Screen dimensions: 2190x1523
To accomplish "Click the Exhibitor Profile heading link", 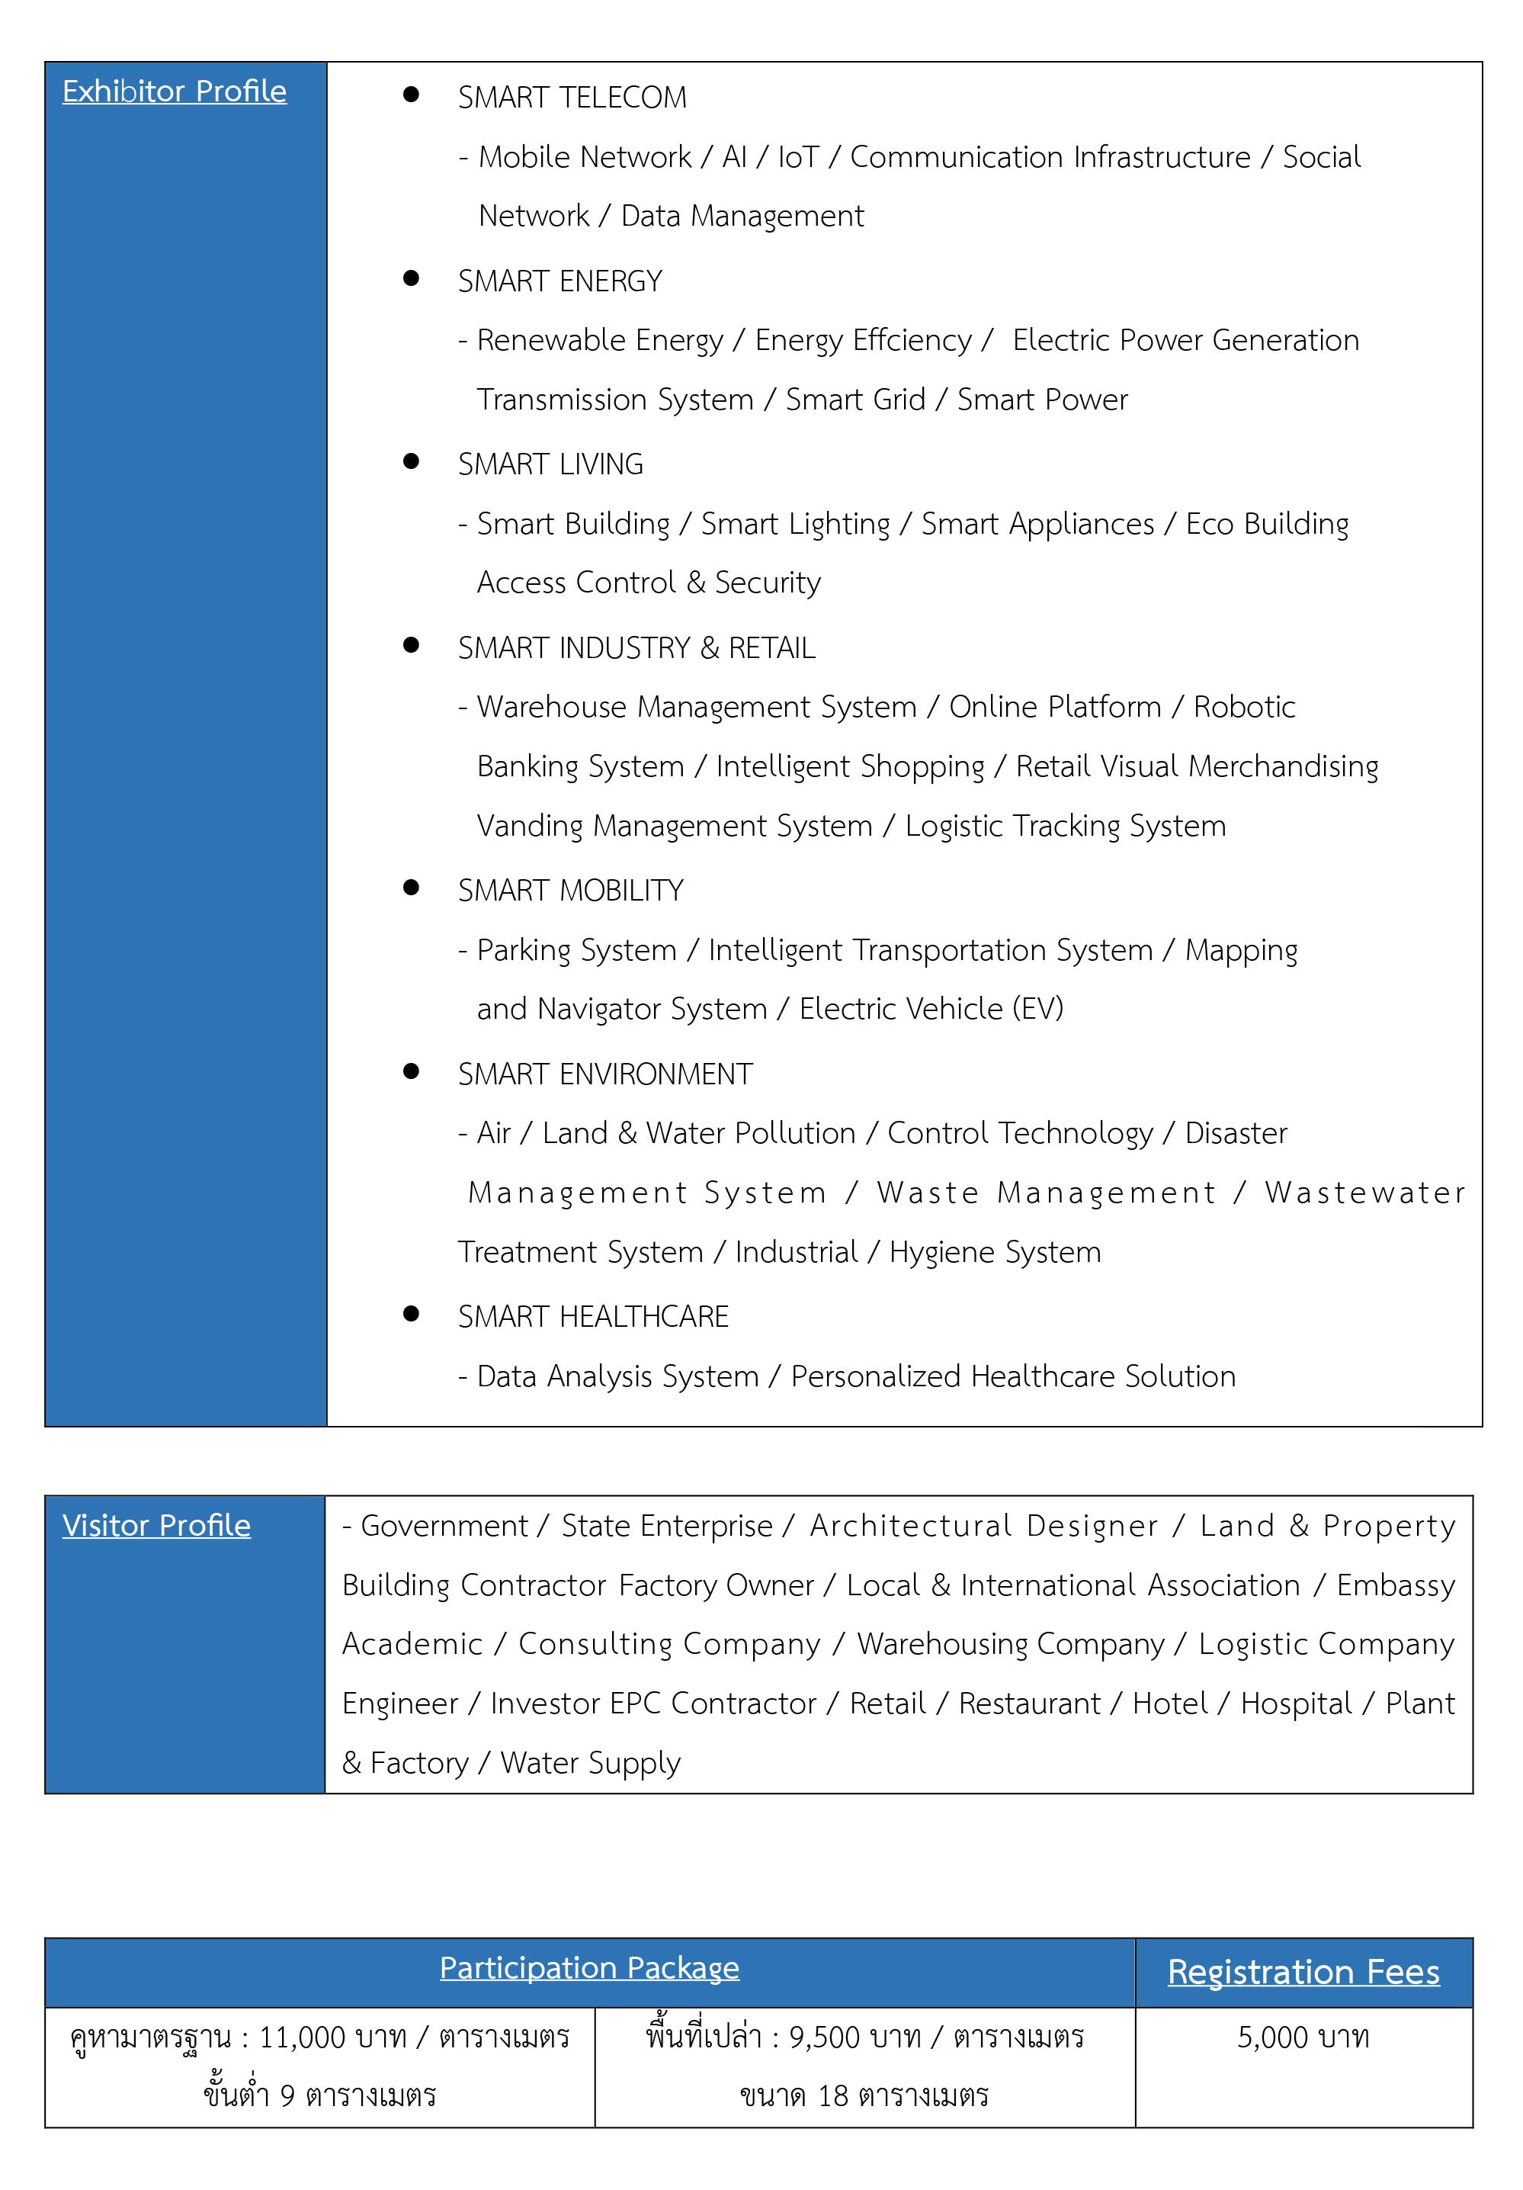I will (174, 92).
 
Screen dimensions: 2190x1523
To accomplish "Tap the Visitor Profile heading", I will (156, 1525).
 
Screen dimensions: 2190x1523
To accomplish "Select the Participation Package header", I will (588, 1968).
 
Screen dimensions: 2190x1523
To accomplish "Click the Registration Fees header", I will (1303, 1972).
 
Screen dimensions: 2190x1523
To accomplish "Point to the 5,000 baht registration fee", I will (1303, 2037).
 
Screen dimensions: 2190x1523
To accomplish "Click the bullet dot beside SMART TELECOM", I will (411, 95).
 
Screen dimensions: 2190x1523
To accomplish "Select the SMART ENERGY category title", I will (560, 281).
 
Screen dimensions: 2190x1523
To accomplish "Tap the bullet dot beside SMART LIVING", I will (411, 461).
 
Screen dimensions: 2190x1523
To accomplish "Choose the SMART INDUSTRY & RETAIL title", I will (636, 649).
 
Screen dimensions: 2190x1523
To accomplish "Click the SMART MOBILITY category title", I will (570, 891).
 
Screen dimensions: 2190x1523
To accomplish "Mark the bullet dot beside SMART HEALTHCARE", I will (411, 1313).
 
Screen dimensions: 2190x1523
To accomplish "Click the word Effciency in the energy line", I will (912, 341).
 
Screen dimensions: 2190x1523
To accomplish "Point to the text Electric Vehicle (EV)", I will (931, 1009).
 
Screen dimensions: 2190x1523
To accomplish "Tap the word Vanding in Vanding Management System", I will (529, 826).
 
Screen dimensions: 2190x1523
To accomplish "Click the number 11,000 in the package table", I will (303, 2037).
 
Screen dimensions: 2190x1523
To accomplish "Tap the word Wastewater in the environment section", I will (1364, 1193).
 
